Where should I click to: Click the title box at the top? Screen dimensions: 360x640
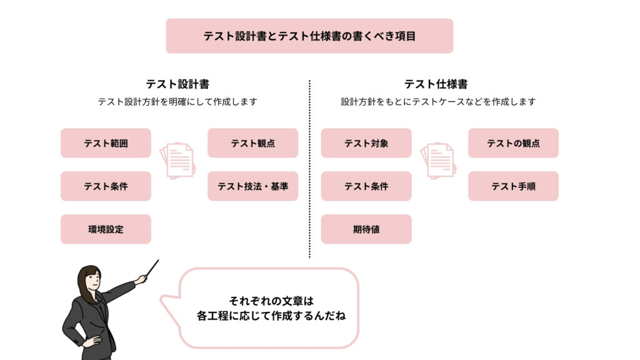[x=309, y=36]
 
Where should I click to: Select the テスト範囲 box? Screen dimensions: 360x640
[x=106, y=143]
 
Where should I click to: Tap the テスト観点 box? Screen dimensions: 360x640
[x=252, y=143]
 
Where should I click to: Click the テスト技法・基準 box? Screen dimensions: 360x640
[x=252, y=186]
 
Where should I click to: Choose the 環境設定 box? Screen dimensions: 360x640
[x=106, y=229]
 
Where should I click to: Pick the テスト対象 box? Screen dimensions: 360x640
[x=366, y=143]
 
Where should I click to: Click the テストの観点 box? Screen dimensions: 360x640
[x=513, y=143]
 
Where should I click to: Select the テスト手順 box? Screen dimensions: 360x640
[x=513, y=186]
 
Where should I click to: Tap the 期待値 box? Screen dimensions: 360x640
[x=366, y=229]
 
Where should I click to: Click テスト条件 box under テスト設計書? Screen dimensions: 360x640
[x=106, y=186]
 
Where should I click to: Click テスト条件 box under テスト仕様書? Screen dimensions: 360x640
[x=366, y=186]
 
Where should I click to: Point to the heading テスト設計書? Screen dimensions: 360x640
[x=177, y=84]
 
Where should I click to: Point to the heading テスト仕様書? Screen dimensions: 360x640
[x=436, y=84]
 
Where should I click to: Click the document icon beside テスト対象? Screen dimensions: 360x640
[x=438, y=161]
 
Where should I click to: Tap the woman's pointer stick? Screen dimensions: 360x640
[x=152, y=268]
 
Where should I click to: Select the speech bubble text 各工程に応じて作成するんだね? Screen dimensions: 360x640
[x=271, y=316]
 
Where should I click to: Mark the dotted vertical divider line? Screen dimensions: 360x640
[x=309, y=169]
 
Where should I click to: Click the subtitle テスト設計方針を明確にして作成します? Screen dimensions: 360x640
[x=177, y=102]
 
